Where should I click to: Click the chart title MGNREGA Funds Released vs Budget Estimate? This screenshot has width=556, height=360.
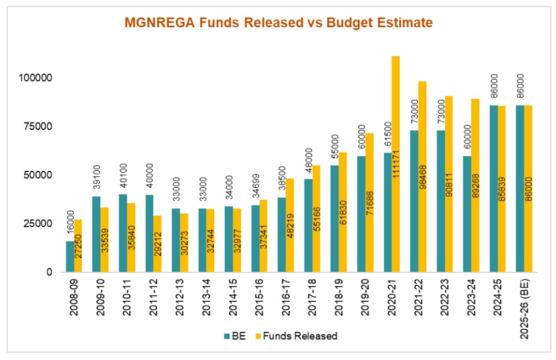pyautogui.click(x=278, y=23)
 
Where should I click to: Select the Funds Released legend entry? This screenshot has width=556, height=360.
pyautogui.click(x=303, y=336)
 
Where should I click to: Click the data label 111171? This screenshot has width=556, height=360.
pyautogui.click(x=396, y=164)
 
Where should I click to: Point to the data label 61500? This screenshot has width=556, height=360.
pyautogui.click(x=386, y=137)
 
